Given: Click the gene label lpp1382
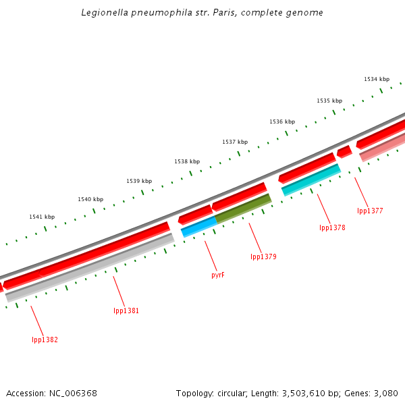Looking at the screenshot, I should pos(45,340).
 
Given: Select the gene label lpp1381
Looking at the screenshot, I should pos(126,310).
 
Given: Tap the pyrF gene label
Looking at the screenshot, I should pos(217,275).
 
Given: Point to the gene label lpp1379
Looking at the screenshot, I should pos(263,256).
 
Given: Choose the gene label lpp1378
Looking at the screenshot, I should pos(332,227).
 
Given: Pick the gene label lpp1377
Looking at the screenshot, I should pos(370,211).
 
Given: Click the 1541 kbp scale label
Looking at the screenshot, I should pos(42,217).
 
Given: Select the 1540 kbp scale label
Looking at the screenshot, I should pos(90,199).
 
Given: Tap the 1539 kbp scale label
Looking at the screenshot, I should pos(139,181).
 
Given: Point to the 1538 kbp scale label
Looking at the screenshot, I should pos(187,161).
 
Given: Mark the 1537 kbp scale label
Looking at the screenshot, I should pos(235,142).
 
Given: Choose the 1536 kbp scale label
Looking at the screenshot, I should pos(282,122).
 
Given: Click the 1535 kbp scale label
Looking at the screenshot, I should pos(329,101).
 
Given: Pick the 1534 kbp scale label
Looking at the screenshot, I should pos(377,79).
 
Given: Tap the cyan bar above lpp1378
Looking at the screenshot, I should pos(310,180).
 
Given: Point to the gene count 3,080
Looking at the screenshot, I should pos(386,393).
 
